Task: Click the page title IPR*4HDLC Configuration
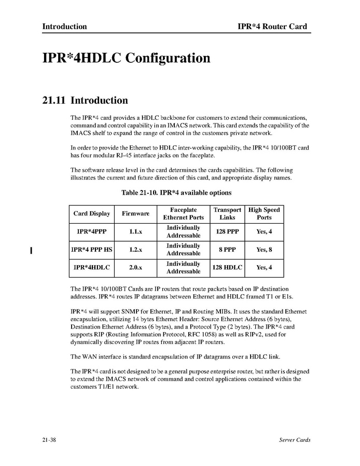126,58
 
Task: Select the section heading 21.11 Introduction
85,100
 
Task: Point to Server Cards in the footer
294,440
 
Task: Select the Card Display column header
92,214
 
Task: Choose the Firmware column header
135,214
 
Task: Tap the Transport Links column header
227,214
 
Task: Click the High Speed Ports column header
264,214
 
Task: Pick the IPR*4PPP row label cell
92,232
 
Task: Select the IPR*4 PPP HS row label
92,250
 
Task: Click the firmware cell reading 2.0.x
135,268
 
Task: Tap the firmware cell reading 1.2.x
135,250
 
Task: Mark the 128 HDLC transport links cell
227,268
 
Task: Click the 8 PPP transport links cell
227,250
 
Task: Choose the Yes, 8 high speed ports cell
264,250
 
